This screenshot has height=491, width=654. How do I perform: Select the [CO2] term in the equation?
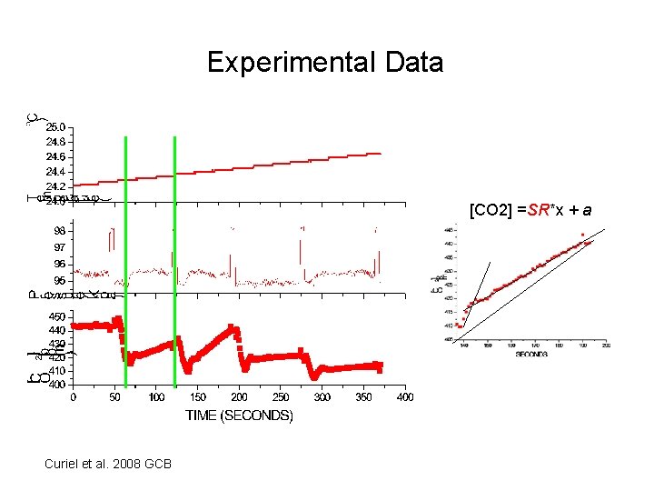(x=489, y=210)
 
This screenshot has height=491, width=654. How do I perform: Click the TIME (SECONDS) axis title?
(x=239, y=416)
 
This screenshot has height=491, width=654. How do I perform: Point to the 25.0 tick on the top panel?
(x=56, y=126)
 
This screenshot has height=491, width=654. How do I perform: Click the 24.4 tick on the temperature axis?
(x=56, y=171)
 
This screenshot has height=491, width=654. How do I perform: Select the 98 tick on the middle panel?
(x=59, y=231)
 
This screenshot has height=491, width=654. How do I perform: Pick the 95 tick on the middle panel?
(x=59, y=280)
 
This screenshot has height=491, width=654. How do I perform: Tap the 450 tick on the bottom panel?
(x=57, y=316)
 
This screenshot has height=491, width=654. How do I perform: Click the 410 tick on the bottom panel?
(x=57, y=371)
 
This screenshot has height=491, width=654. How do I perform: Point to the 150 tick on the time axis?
(x=197, y=396)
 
